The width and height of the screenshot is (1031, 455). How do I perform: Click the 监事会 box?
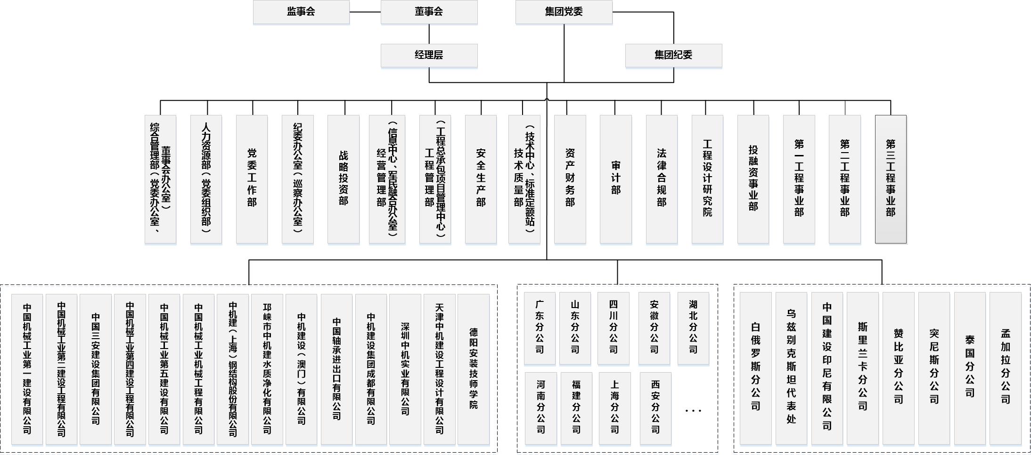pyautogui.click(x=301, y=12)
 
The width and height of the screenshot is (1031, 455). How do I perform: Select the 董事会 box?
pyautogui.click(x=429, y=12)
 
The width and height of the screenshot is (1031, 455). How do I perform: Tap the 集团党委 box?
pyautogui.click(x=564, y=12)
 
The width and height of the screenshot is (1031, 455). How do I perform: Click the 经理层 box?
pyautogui.click(x=429, y=55)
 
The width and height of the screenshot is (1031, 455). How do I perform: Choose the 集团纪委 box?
pyautogui.click(x=673, y=55)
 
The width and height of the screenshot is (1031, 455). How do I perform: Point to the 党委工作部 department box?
pyautogui.click(x=252, y=179)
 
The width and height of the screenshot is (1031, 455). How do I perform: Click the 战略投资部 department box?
pyautogui.click(x=343, y=179)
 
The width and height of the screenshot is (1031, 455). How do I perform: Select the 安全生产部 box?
pyautogui.click(x=481, y=179)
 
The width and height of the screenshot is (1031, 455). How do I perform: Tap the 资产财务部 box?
pyautogui.click(x=570, y=179)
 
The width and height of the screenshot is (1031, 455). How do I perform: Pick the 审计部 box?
pyautogui.click(x=615, y=179)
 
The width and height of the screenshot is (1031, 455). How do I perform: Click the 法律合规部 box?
pyautogui.click(x=662, y=179)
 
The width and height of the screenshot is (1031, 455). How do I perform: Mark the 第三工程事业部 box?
pyautogui.click(x=891, y=179)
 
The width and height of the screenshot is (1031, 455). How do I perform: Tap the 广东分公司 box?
pyautogui.click(x=540, y=328)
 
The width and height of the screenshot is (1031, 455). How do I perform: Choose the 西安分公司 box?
pyautogui.click(x=655, y=408)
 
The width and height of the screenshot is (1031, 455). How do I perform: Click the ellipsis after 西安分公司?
pyautogui.click(x=693, y=411)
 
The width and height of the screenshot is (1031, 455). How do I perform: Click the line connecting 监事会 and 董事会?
pyautogui.click(x=365, y=12)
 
